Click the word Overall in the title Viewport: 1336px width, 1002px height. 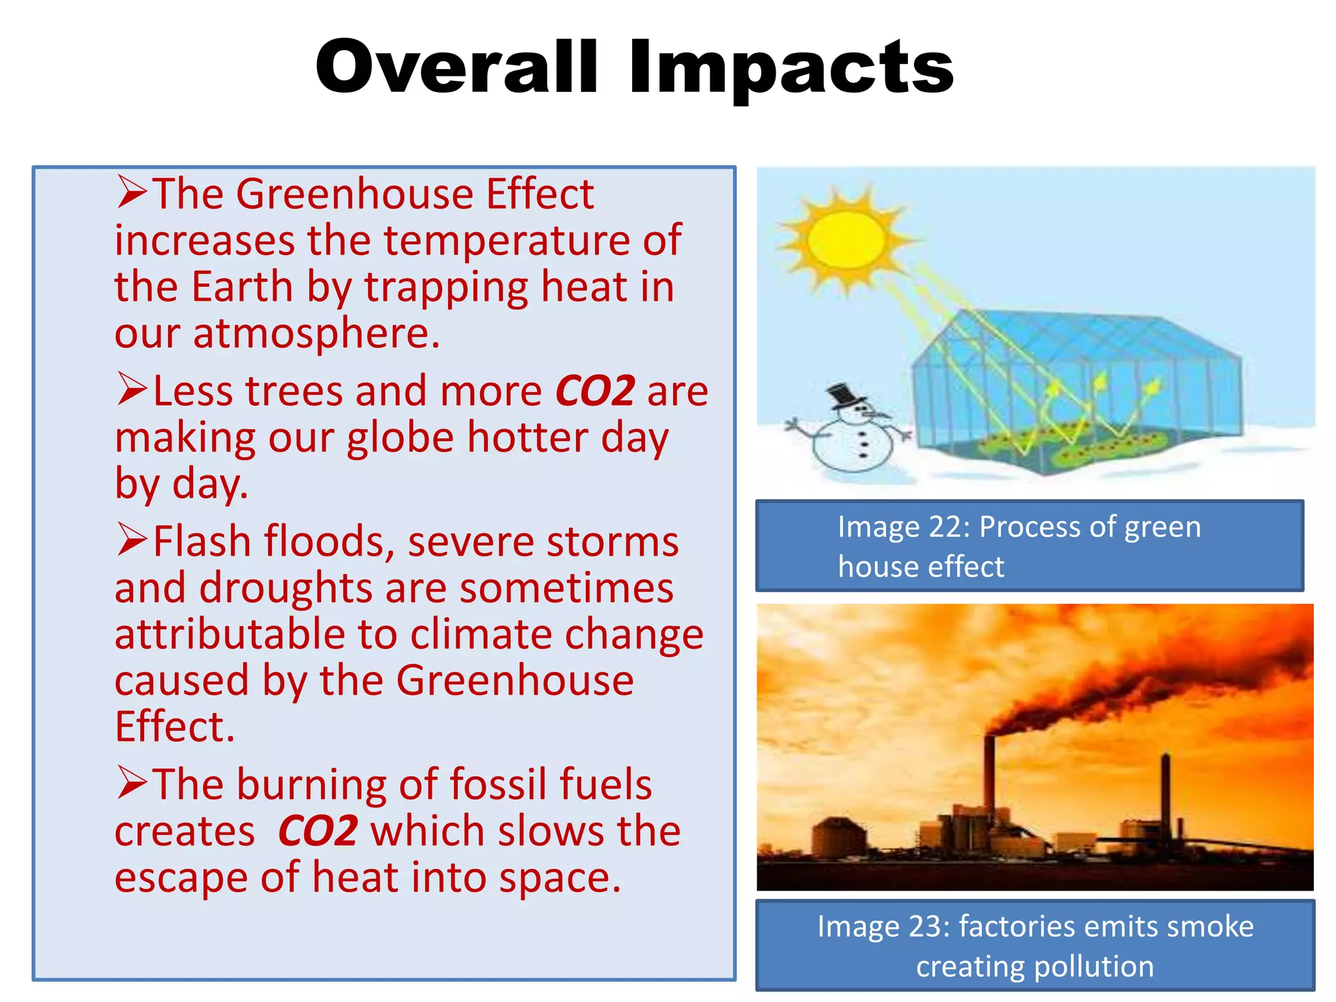tap(457, 67)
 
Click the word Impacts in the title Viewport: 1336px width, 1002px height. tap(791, 68)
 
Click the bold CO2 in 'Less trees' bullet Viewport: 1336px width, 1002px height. tap(595, 391)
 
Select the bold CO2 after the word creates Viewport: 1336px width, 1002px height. tap(318, 831)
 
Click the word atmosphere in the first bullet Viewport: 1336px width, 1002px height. tap(316, 334)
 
